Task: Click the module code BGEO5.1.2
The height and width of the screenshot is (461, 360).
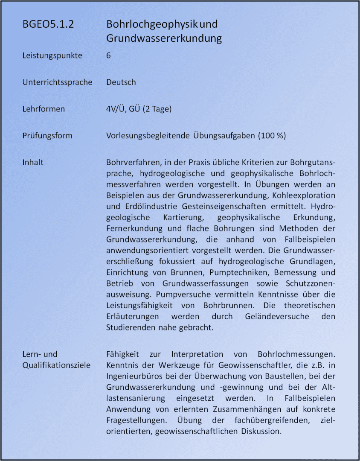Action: click(x=48, y=24)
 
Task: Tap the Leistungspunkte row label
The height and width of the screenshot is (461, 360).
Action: click(x=52, y=55)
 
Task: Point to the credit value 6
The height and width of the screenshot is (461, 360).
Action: click(x=109, y=55)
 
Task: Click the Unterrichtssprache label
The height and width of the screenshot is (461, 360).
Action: click(x=57, y=82)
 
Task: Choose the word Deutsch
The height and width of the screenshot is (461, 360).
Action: click(x=121, y=82)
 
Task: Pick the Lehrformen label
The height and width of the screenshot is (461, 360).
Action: click(x=44, y=109)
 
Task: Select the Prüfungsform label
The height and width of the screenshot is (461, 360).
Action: click(x=47, y=136)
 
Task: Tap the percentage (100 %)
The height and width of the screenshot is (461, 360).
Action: click(x=272, y=136)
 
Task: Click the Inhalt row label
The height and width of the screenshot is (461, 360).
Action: click(x=33, y=163)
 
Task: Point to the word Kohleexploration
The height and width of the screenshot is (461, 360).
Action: click(x=305, y=195)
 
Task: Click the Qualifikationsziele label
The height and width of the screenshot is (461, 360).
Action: click(x=56, y=365)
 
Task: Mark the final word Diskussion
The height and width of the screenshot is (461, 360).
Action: click(x=260, y=431)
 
